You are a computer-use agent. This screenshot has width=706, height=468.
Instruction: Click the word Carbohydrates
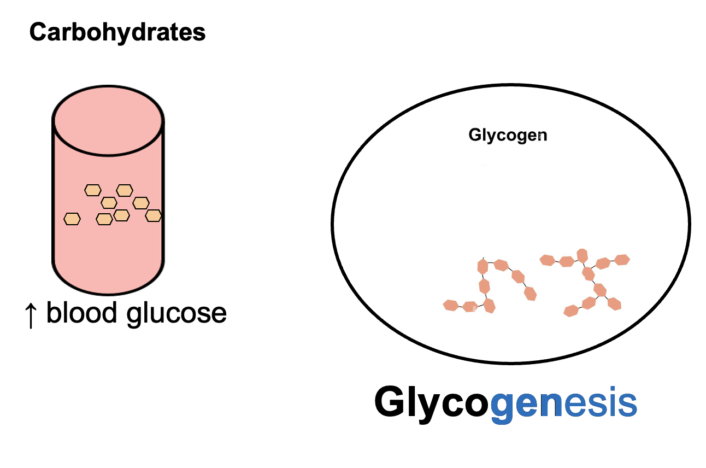pos(117,32)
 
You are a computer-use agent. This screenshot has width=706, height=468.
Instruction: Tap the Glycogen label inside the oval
pos(508,135)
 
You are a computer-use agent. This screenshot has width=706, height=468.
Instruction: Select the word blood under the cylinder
pos(81,313)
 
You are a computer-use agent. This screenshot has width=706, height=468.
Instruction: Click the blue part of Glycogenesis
pos(563,403)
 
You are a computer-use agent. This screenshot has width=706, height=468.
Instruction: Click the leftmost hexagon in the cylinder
pos(72,219)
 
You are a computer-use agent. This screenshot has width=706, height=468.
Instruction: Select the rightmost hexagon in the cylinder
pos(154,215)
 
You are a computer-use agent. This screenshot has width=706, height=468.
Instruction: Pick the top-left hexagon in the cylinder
pos(93,190)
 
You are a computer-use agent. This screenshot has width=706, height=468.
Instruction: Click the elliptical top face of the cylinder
pos(108,120)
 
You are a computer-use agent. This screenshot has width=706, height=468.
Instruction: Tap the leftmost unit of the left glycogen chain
pos(450,305)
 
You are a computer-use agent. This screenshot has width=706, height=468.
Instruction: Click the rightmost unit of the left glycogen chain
pos(529,294)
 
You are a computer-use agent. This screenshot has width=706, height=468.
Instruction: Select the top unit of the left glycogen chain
pos(482,266)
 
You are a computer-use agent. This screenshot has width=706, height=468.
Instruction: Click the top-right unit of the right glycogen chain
pos(622,259)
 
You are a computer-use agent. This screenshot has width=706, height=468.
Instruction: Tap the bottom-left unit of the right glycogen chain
pos(571,311)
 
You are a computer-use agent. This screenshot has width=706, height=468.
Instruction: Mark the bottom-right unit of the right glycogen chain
pos(615,303)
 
